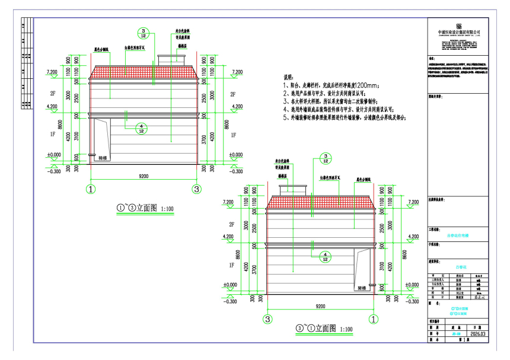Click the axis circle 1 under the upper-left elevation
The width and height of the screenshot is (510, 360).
pyautogui.click(x=91, y=189)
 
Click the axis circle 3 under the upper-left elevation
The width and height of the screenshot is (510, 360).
pyautogui.click(x=197, y=189)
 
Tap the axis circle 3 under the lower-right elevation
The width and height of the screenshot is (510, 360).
pyautogui.click(x=267, y=319)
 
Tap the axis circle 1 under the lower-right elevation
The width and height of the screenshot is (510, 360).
pyautogui.click(x=374, y=319)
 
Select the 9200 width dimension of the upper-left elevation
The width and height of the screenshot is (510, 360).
pyautogui.click(x=144, y=176)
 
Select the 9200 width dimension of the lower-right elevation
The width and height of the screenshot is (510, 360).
pyautogui.click(x=320, y=306)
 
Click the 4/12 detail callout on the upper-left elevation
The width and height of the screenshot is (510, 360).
pyautogui.click(x=141, y=129)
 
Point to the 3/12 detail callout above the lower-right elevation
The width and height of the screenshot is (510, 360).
pyautogui.click(x=325, y=158)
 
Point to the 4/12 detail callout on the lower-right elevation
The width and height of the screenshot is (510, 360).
pyautogui.click(x=325, y=256)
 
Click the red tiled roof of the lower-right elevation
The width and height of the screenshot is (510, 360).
pyautogui.click(x=320, y=203)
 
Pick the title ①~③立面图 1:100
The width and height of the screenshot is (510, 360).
pyautogui.click(x=144, y=208)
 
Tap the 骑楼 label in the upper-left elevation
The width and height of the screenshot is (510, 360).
pyautogui.click(x=102, y=158)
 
